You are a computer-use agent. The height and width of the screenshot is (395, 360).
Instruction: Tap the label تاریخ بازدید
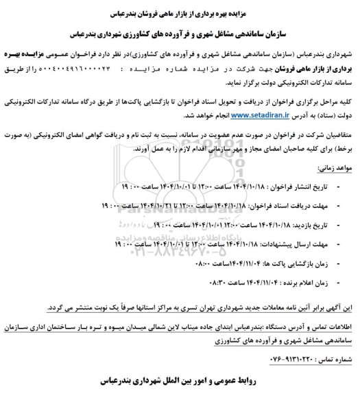pos(326,224)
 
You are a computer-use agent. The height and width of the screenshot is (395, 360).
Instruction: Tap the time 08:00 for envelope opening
pos(213,261)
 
